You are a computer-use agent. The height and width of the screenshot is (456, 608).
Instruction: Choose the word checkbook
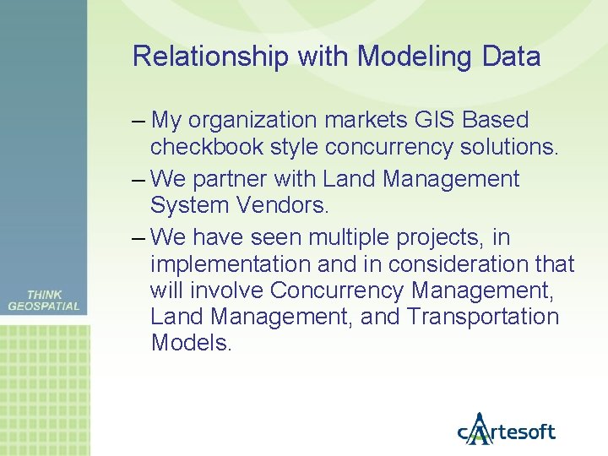point(207,148)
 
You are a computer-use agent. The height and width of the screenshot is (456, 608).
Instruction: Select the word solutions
point(509,148)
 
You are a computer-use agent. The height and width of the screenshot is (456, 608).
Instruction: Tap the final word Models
point(190,343)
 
